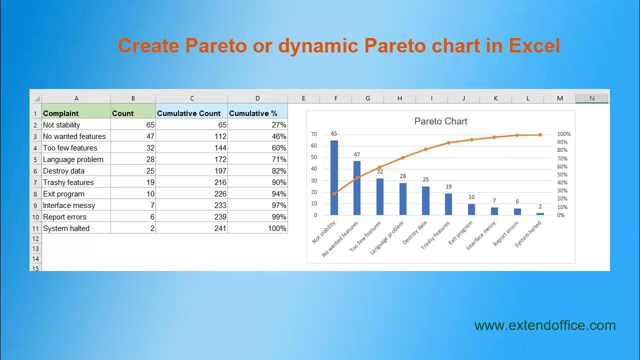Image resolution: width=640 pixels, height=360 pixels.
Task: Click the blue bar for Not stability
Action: [x=334, y=177]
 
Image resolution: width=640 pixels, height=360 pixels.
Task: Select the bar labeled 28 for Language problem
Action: [x=402, y=199]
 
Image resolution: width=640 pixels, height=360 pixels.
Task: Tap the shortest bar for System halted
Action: [x=540, y=214]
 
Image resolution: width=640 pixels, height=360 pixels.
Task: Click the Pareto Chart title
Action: [x=440, y=121]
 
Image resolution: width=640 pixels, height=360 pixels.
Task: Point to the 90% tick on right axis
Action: [x=563, y=142]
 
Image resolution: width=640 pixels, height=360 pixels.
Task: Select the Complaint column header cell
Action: [x=76, y=113]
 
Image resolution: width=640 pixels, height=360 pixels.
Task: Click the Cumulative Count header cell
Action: [x=191, y=113]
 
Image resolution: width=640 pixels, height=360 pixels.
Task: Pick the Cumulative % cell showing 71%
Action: [x=257, y=159]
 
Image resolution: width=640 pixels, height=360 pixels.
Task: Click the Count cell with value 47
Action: [x=133, y=136]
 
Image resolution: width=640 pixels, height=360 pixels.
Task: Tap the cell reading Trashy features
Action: [x=76, y=182]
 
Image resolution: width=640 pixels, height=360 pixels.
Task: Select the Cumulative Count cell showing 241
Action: [x=191, y=228]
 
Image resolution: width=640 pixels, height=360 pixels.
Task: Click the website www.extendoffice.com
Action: [x=545, y=325]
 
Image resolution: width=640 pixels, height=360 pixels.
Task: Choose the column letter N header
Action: [x=591, y=98]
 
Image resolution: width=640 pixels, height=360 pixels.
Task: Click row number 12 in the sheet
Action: [x=35, y=238]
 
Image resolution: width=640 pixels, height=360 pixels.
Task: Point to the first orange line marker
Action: [x=334, y=193]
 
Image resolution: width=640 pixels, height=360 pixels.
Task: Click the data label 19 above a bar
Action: [x=448, y=187]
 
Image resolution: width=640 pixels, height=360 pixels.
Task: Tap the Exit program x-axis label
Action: [x=460, y=233]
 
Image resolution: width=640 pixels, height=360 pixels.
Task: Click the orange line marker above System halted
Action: [x=540, y=135]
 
